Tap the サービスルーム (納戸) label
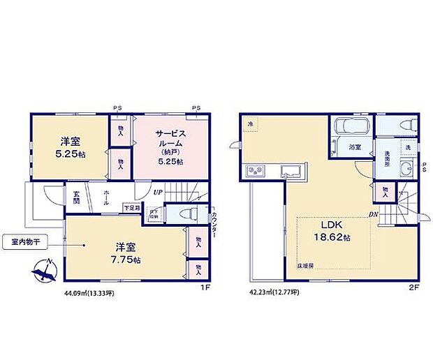[x=170, y=146]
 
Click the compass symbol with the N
[x=44, y=271]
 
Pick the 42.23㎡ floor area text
[x=274, y=293]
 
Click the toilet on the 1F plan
[x=185, y=213]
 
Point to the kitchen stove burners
[x=253, y=171]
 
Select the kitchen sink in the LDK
[x=289, y=172]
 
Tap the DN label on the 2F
[x=374, y=214]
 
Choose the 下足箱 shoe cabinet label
[x=131, y=207]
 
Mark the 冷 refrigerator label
[x=249, y=124]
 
